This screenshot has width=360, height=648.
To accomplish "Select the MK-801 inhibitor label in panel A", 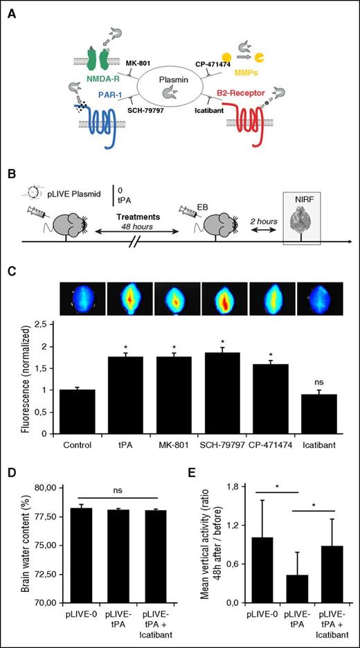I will tap(138, 64).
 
